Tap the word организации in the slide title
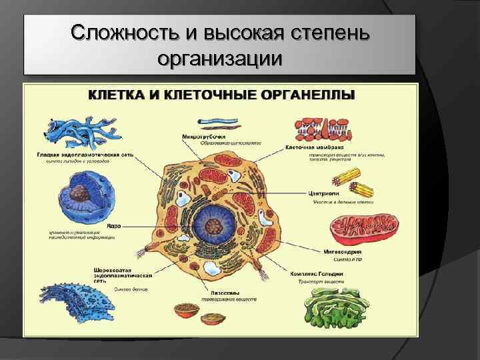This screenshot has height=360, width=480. pos(220,58)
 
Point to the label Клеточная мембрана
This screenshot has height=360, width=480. pos(315,147)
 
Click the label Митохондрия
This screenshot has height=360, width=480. pos(343,253)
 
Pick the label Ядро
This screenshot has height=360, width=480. pos(111,226)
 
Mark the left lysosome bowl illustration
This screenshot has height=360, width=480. pos(184,310)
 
